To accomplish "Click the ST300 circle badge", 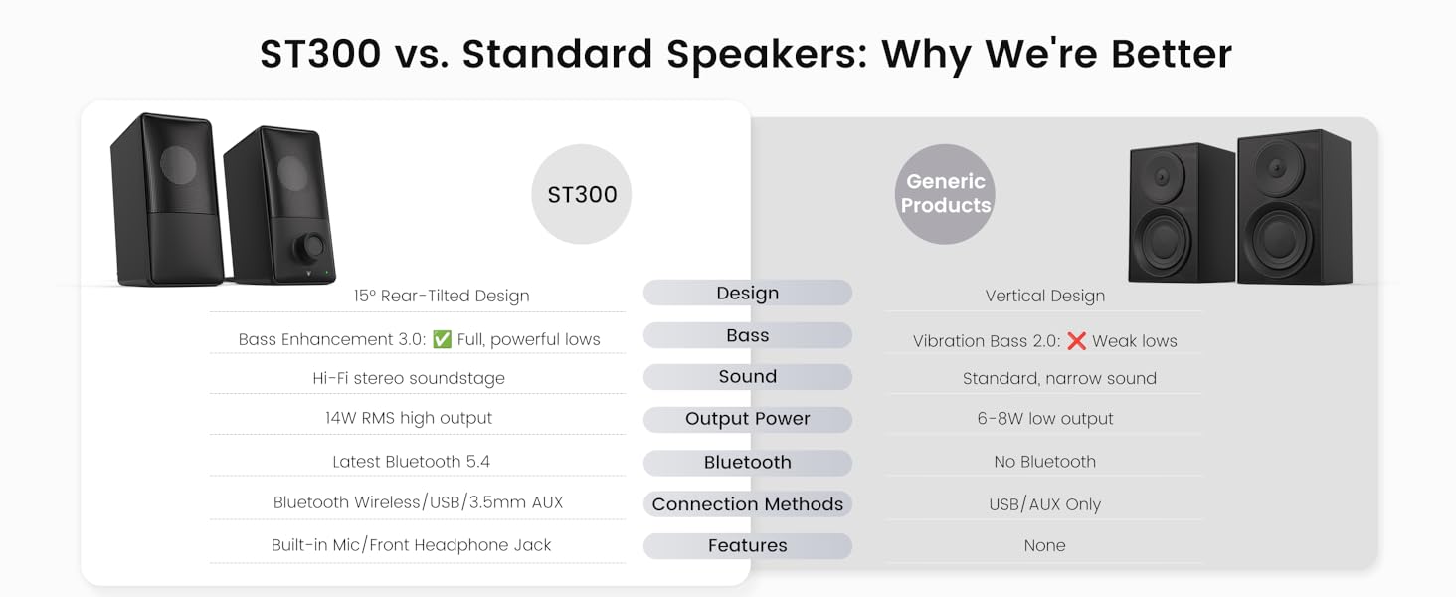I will [582, 194].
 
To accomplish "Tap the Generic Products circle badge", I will [945, 194].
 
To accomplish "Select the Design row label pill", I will [747, 293].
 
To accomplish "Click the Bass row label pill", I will [747, 335].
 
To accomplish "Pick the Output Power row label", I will [747, 419].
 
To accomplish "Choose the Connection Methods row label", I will [747, 504].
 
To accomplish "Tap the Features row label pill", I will [747, 545].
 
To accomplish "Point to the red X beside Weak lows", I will [1076, 341].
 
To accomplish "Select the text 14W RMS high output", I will [409, 418].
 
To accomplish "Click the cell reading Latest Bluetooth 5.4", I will [411, 462].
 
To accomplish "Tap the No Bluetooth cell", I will [1044, 462].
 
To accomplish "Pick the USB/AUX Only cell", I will [1044, 504].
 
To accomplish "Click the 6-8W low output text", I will [1044, 419].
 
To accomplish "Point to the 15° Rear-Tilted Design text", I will [442, 296].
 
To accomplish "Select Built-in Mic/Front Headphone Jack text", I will [411, 545].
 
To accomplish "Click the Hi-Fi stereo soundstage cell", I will [409, 378].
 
